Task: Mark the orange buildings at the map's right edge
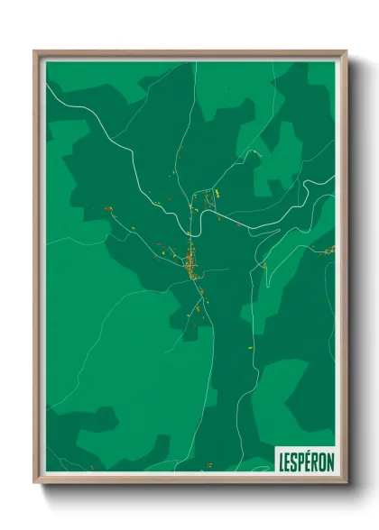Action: point(326,251)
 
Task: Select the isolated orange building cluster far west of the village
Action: point(107,209)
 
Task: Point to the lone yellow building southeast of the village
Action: point(250,345)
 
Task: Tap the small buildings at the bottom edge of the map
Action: point(209,465)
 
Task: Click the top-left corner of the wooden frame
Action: point(35,52)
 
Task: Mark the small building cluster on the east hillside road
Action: point(263,265)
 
